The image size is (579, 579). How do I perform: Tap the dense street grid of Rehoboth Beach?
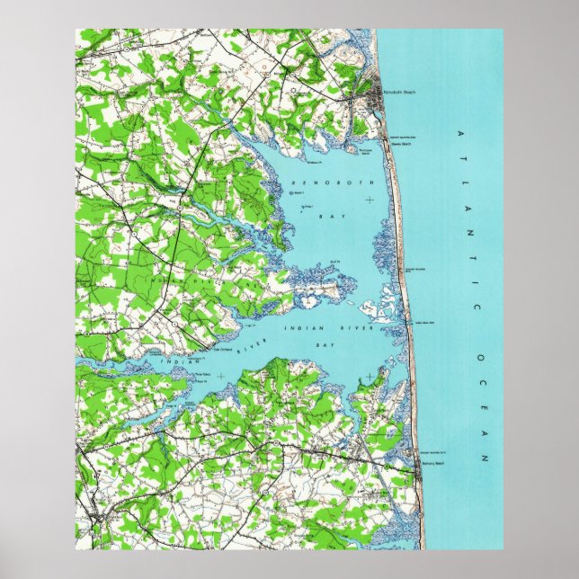click(x=370, y=93)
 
